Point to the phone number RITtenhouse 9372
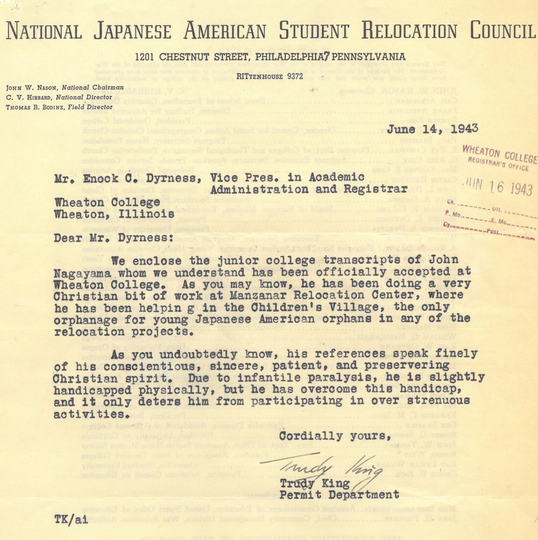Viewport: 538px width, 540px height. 269,76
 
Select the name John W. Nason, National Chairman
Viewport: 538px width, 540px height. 65,87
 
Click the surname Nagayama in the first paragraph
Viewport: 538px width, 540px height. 91,273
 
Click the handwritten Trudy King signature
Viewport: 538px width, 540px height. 321,467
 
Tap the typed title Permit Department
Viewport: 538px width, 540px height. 339,495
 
